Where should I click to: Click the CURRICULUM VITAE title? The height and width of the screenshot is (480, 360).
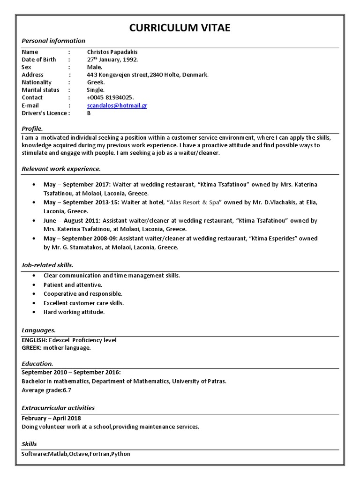click(x=180, y=29)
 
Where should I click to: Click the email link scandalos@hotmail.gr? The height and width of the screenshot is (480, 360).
click(x=117, y=105)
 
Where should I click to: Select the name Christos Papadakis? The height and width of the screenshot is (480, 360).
click(x=112, y=52)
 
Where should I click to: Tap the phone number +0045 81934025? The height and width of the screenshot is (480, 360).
click(x=110, y=97)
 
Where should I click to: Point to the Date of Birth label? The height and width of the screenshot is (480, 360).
click(x=39, y=60)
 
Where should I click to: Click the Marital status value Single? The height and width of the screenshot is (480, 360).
click(x=96, y=90)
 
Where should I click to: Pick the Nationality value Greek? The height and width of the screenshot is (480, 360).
click(x=96, y=82)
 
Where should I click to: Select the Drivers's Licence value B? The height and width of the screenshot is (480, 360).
click(x=89, y=113)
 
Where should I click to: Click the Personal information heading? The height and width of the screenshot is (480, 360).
click(x=53, y=41)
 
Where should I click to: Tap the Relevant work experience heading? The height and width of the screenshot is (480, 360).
click(x=61, y=168)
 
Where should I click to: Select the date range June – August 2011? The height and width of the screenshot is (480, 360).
click(x=72, y=220)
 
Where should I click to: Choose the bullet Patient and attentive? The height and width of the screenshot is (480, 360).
click(x=73, y=285)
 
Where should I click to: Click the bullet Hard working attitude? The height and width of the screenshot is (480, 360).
click(x=74, y=312)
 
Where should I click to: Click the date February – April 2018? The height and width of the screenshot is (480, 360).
click(x=51, y=418)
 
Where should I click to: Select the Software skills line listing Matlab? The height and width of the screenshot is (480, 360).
click(x=76, y=454)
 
